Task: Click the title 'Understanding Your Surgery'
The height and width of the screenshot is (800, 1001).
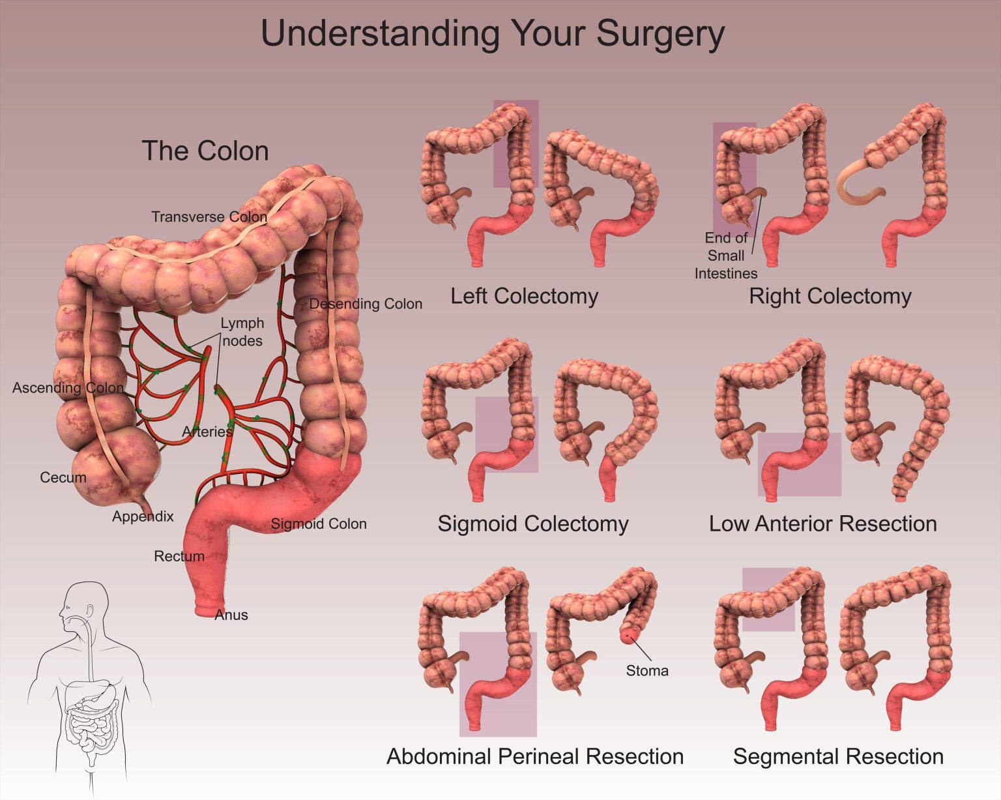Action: click(x=492, y=34)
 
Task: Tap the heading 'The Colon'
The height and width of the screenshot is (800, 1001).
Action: click(x=205, y=151)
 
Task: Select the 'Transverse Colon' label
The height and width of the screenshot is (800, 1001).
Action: click(x=209, y=216)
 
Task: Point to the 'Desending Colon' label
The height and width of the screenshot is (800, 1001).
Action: click(x=366, y=304)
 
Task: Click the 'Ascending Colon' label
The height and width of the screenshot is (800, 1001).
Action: click(x=68, y=388)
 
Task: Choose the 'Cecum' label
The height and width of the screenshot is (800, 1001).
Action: click(x=63, y=477)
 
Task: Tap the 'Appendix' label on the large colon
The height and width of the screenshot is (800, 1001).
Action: click(x=143, y=516)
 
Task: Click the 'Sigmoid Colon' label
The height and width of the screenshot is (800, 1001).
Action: click(x=319, y=524)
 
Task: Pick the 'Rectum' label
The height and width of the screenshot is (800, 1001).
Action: click(x=179, y=556)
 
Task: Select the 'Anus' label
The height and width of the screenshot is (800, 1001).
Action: click(x=231, y=615)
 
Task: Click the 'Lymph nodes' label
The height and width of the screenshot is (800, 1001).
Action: click(x=242, y=332)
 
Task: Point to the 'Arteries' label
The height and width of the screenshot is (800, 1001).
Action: click(x=207, y=432)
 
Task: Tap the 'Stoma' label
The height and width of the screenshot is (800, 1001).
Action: click(x=647, y=670)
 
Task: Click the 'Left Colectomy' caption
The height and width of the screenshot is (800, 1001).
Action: click(x=524, y=296)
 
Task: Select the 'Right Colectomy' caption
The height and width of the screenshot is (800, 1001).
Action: click(x=830, y=296)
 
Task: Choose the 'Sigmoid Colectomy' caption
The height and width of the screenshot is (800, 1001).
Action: click(x=532, y=524)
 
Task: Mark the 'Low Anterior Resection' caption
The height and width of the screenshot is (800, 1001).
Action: click(x=822, y=524)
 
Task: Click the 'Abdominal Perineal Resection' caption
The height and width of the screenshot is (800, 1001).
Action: click(x=535, y=756)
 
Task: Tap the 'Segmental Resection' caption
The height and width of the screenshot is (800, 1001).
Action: click(x=838, y=756)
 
